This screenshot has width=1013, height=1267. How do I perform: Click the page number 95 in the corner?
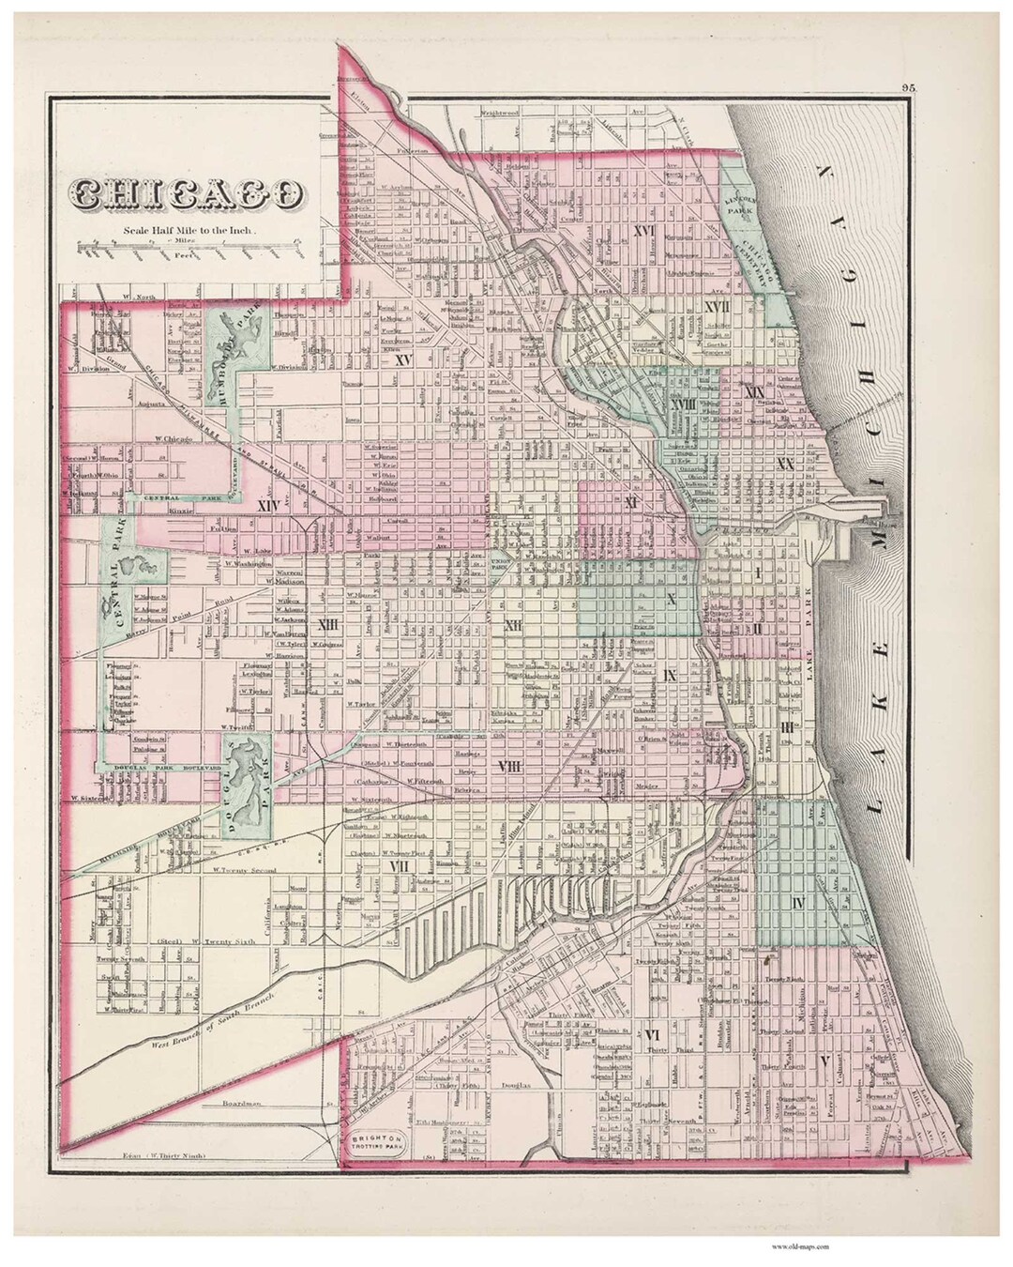908,87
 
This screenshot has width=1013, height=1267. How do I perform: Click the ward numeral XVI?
643,230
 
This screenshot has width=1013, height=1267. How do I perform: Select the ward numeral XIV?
268,506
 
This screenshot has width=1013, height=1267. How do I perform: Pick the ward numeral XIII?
327,625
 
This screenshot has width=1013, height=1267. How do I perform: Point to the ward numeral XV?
404,359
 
